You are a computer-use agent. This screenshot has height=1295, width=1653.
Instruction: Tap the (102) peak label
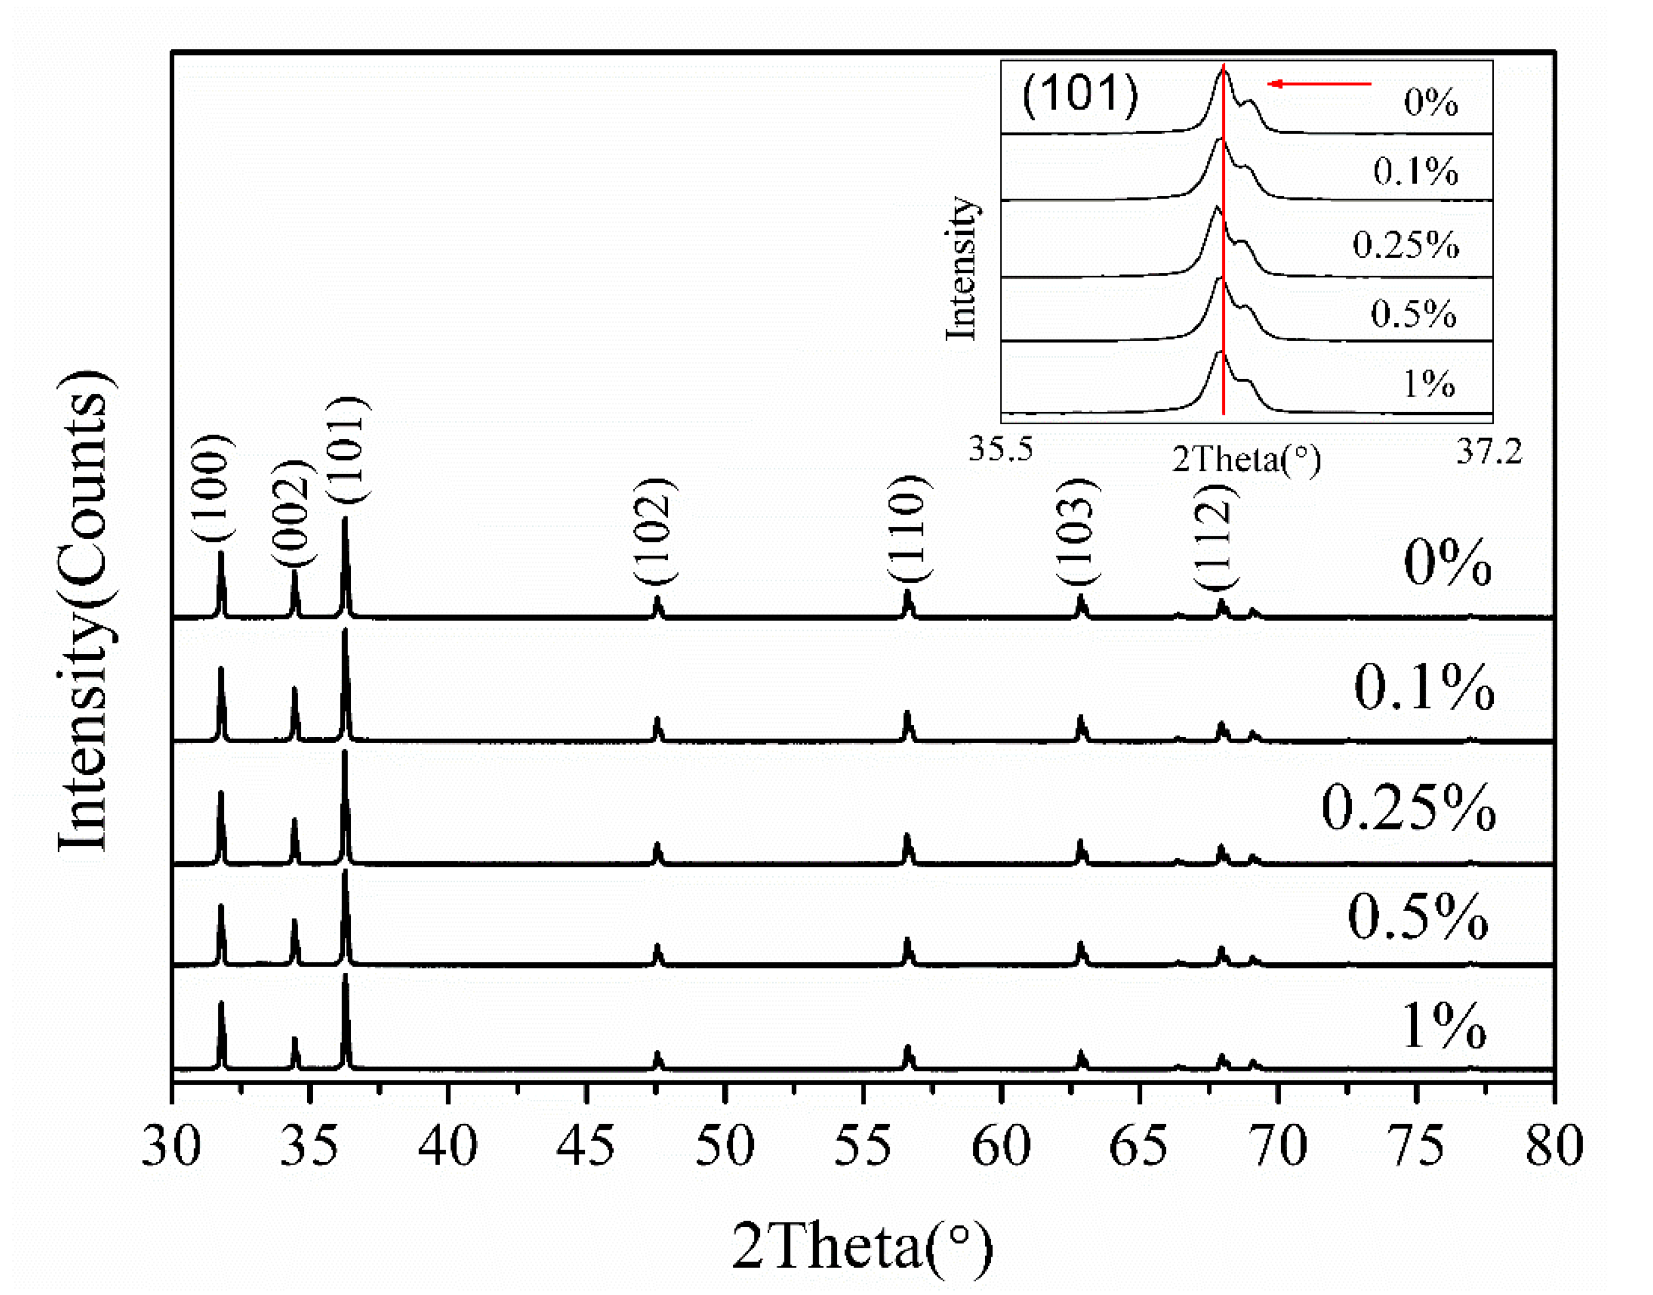[654, 531]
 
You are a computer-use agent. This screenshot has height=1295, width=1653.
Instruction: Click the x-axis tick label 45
[585, 1146]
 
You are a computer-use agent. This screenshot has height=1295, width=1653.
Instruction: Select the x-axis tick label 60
[1001, 1146]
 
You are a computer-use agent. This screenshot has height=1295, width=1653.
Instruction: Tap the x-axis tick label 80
[1554, 1146]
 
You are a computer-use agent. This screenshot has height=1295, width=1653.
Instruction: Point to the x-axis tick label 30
[171, 1146]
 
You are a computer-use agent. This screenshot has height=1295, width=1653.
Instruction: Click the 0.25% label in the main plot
[1408, 808]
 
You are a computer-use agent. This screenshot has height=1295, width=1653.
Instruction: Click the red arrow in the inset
[1319, 83]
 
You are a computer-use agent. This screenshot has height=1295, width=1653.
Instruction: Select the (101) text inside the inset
[1080, 94]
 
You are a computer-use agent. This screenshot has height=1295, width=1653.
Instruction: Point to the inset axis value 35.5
[1001, 450]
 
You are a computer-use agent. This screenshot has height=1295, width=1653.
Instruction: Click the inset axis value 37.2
[1488, 453]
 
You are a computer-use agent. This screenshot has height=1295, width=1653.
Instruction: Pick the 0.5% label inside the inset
[1414, 314]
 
